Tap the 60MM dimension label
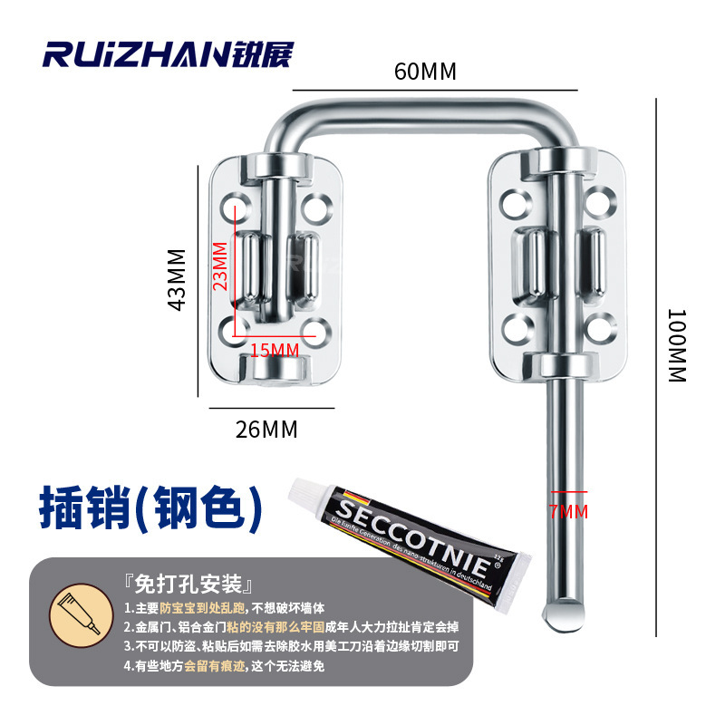424,72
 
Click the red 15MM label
274,349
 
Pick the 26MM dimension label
266,429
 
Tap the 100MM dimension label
676,345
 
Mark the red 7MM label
568,512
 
